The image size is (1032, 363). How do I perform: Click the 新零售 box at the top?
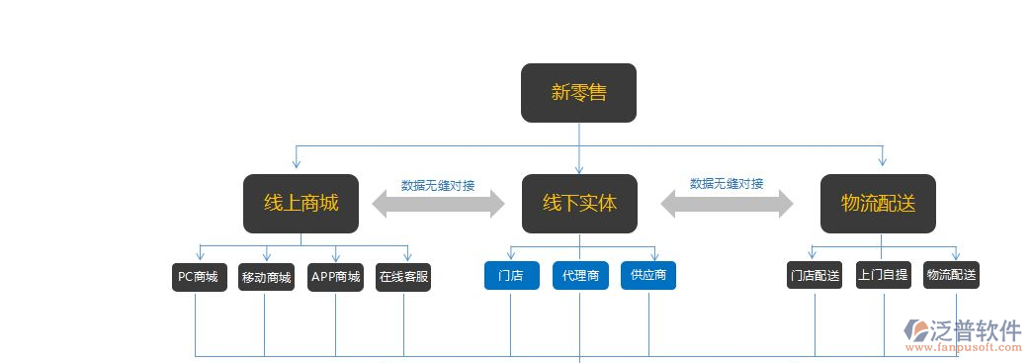(x=578, y=93)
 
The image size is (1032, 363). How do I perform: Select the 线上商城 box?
(x=301, y=203)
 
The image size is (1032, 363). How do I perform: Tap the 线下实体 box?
(x=579, y=203)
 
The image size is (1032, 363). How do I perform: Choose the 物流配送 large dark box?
(x=878, y=203)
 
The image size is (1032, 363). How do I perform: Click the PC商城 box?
(x=198, y=277)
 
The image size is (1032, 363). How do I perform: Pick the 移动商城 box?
(x=266, y=277)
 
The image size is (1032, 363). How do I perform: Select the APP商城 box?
(x=335, y=277)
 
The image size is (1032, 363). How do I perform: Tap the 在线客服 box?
(x=403, y=277)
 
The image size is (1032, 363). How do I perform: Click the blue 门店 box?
(x=511, y=276)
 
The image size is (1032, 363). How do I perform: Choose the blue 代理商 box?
(x=580, y=276)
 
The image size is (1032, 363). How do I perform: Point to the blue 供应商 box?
(x=648, y=276)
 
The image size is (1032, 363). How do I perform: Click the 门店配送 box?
(x=815, y=275)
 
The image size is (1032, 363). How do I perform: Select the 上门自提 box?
(x=883, y=275)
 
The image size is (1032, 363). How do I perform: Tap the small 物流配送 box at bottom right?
(x=951, y=275)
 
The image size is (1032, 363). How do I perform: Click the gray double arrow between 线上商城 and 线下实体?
(x=438, y=204)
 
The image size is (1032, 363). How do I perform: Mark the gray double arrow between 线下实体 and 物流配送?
(x=727, y=204)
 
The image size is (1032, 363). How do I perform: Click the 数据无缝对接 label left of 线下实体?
(x=438, y=185)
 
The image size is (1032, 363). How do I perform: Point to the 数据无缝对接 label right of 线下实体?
(x=727, y=184)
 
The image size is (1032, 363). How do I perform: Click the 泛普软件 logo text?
(x=977, y=330)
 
